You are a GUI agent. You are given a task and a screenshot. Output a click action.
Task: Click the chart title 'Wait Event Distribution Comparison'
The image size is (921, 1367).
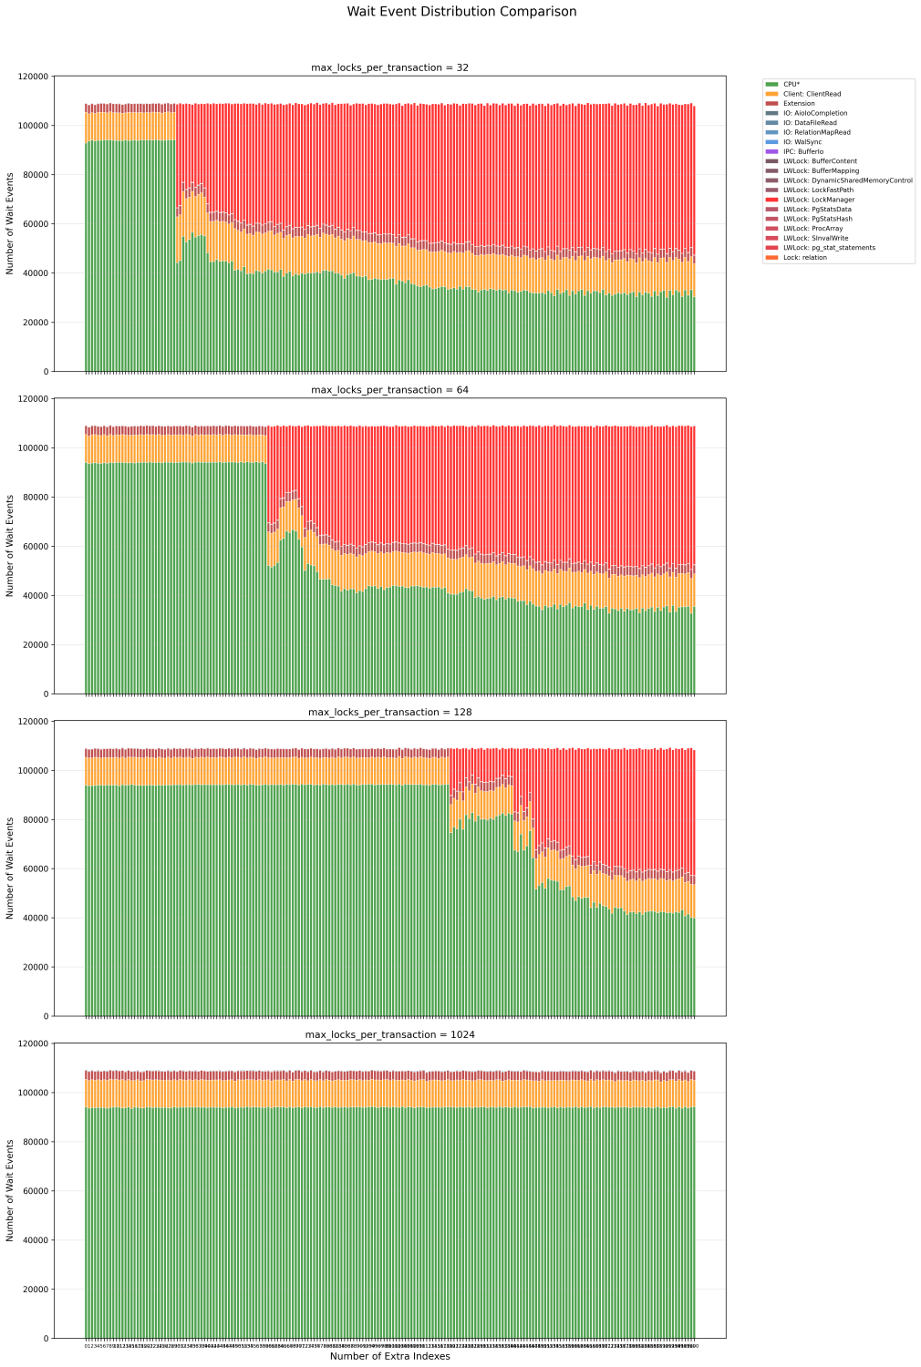pos(461,12)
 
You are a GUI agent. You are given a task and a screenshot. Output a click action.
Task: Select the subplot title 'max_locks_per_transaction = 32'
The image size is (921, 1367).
pos(389,67)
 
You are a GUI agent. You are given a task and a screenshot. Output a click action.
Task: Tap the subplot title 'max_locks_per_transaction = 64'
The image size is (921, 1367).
pos(389,390)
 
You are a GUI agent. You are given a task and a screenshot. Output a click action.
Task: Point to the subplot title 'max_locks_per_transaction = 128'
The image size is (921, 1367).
pos(389,713)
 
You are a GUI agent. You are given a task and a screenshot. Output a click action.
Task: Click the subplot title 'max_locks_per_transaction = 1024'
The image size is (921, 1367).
pos(389,1035)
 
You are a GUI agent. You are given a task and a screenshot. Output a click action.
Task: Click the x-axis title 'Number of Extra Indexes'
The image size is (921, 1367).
pos(389,1356)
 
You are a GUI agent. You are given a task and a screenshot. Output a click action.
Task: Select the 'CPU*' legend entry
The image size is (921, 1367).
pos(792,84)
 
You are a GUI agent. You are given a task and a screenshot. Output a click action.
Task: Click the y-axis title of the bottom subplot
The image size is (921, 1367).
pos(11,1190)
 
